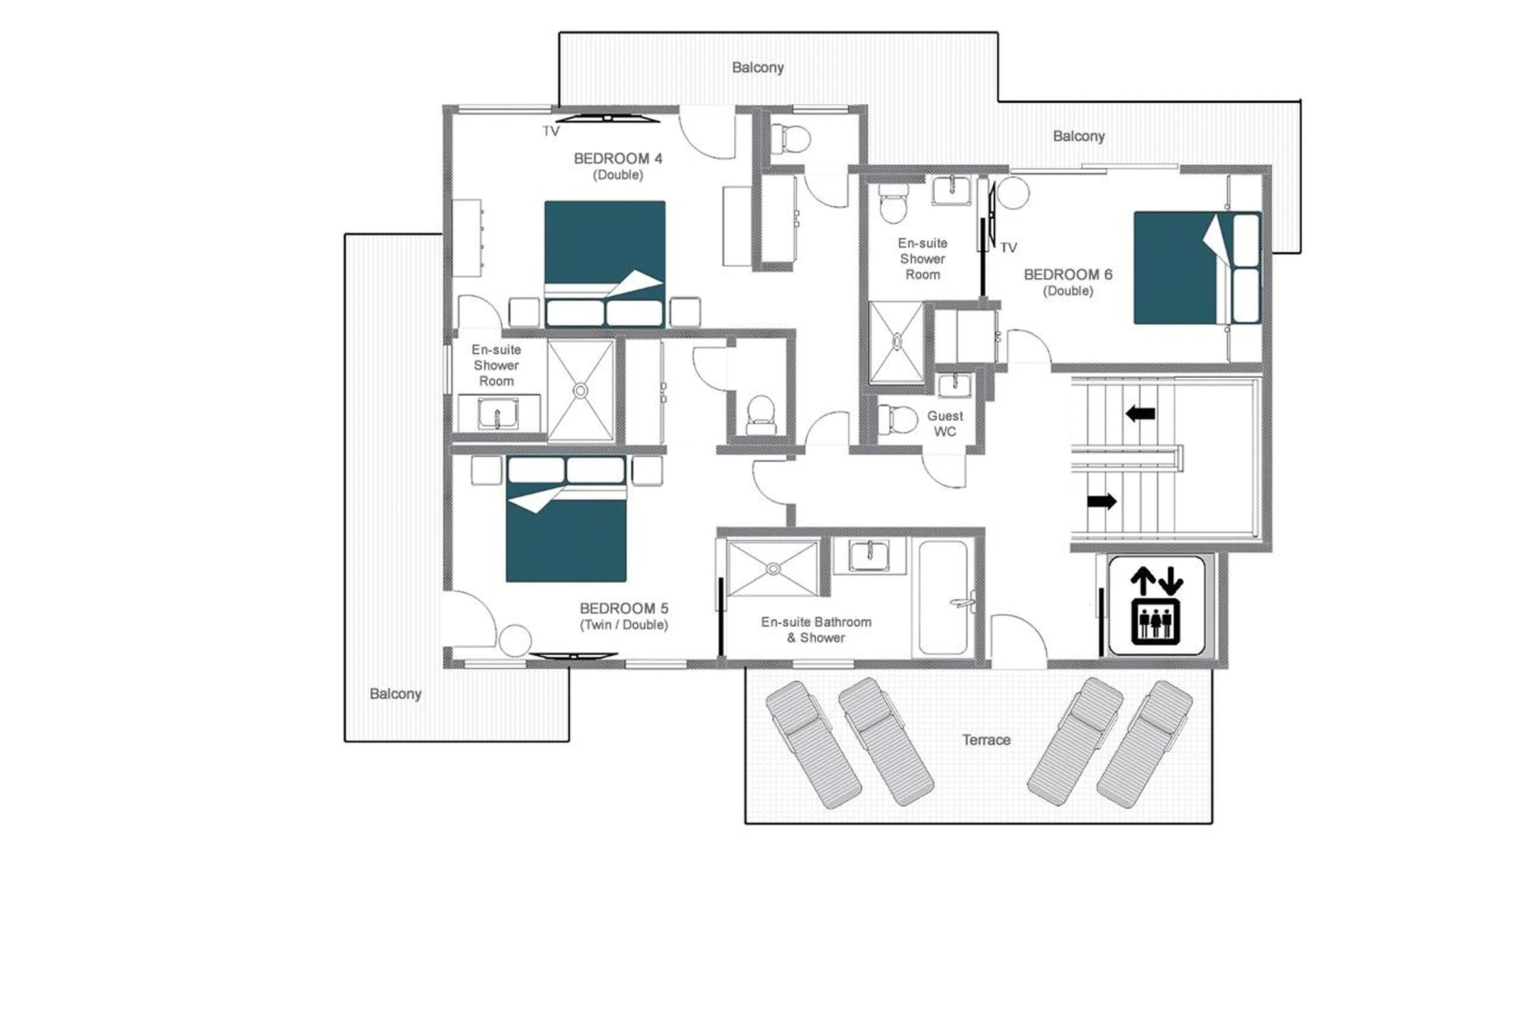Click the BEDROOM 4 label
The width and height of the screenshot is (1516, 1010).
617,158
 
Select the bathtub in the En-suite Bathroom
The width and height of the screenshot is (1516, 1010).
943,598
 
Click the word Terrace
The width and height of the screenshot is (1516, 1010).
986,740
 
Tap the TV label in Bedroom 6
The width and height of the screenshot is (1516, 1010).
1008,248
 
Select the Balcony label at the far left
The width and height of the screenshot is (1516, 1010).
395,694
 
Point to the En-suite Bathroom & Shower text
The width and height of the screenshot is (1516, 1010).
816,629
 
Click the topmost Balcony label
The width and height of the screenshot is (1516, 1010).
757,67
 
